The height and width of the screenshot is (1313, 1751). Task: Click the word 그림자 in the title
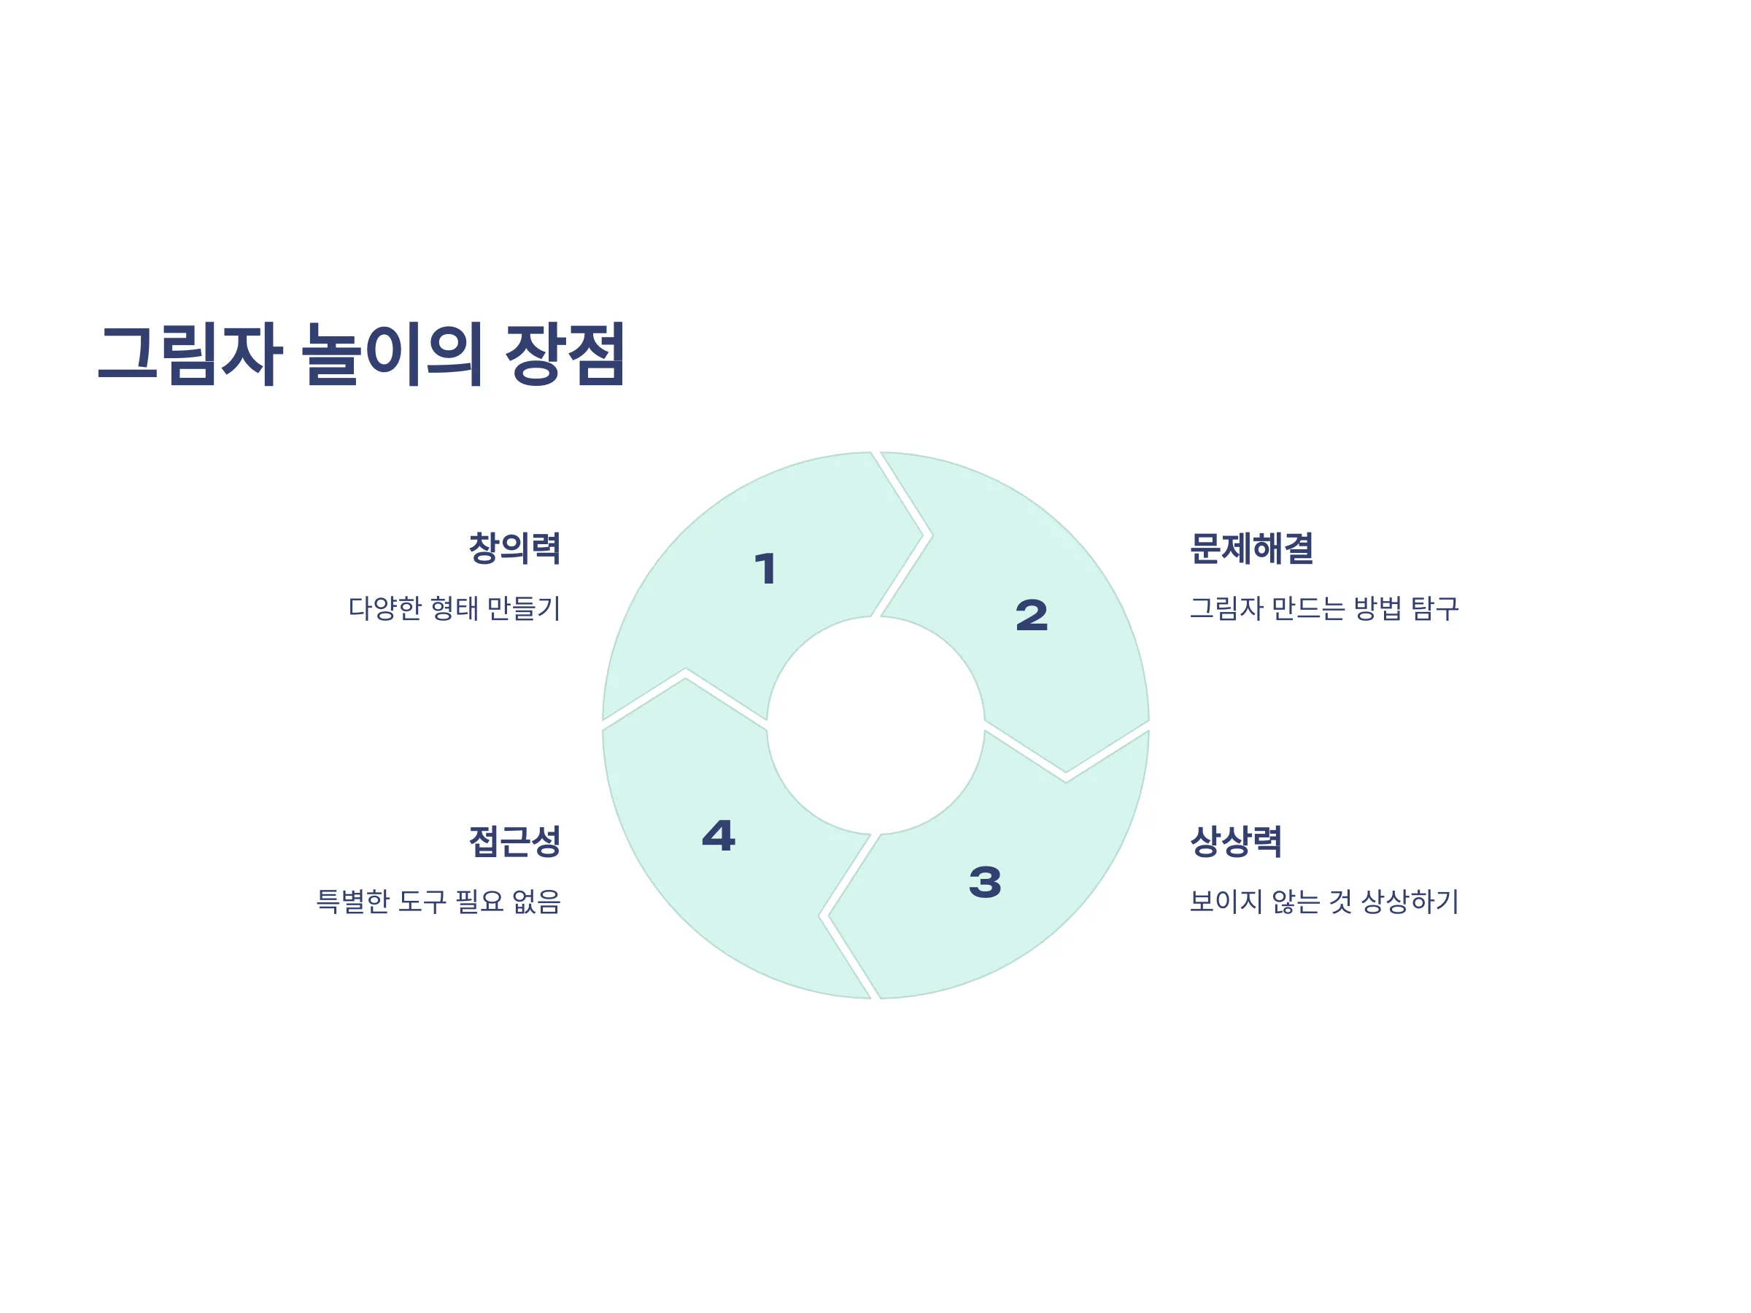click(x=190, y=354)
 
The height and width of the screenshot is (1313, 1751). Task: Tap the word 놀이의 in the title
click(x=392, y=354)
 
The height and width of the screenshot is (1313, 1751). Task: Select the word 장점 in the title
click(x=565, y=354)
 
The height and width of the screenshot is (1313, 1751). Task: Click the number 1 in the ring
click(x=765, y=569)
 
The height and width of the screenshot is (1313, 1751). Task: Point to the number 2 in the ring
click(x=1032, y=616)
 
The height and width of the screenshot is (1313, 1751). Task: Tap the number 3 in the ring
click(x=985, y=883)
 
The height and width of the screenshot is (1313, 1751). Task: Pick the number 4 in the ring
click(x=719, y=836)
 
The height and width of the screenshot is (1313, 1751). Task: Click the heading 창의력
click(x=514, y=549)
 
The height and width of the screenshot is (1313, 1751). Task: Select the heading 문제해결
click(x=1251, y=549)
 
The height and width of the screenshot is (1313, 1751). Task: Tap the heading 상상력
click(x=1236, y=841)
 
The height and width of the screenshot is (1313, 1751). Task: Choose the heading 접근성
click(x=514, y=841)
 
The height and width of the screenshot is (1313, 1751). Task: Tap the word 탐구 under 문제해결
click(x=1434, y=608)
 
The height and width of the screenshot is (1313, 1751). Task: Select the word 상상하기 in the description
click(x=1409, y=902)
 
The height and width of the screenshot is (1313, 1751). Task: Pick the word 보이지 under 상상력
click(x=1226, y=902)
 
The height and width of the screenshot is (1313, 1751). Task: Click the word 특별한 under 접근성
click(x=353, y=902)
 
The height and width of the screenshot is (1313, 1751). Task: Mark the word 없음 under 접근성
click(x=537, y=902)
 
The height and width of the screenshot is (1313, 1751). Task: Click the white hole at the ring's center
click(x=875, y=726)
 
